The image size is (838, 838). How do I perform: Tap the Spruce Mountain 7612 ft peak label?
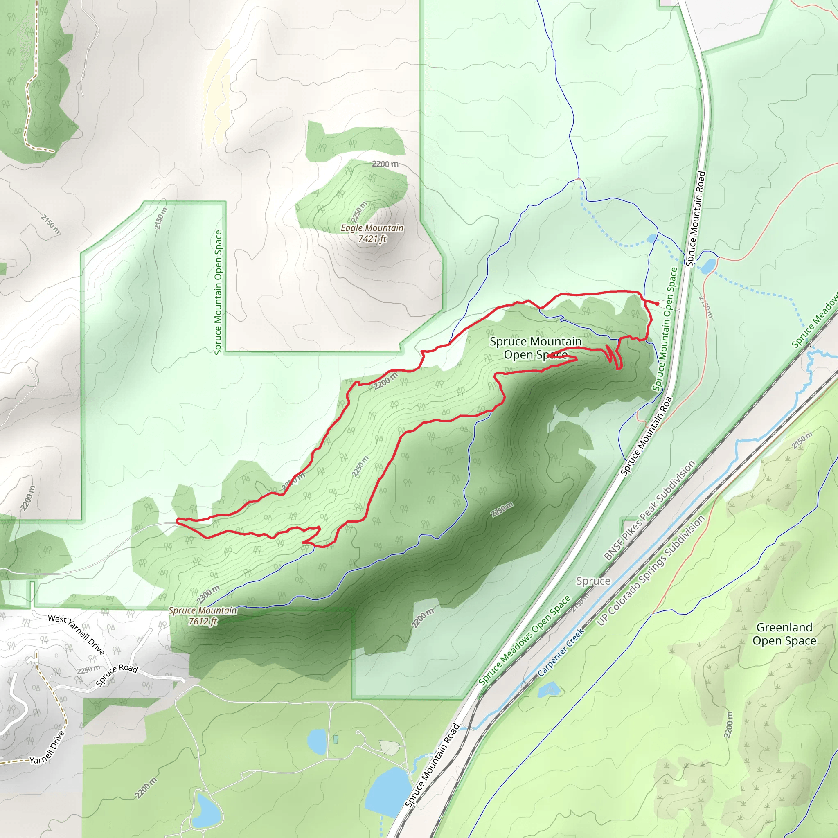coord(203,615)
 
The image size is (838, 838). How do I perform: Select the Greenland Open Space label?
coord(784,634)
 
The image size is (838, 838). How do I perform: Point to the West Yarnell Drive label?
coord(77,634)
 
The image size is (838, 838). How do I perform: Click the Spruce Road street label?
coord(117,674)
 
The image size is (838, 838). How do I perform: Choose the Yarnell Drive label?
coord(48,747)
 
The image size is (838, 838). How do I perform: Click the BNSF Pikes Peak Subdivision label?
coord(649,510)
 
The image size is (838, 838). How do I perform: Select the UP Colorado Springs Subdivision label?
coord(651,571)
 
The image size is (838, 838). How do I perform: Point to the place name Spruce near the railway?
coord(593,581)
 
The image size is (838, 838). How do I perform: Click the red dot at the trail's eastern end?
coord(657,304)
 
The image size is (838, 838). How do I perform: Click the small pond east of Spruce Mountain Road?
coord(708,266)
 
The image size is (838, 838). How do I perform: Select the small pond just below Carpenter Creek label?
coord(549,689)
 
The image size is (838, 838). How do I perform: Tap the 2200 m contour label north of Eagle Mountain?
coord(385,164)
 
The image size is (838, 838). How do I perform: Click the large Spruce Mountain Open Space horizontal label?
coord(536,348)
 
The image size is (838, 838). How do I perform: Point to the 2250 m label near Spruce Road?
coord(88,670)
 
